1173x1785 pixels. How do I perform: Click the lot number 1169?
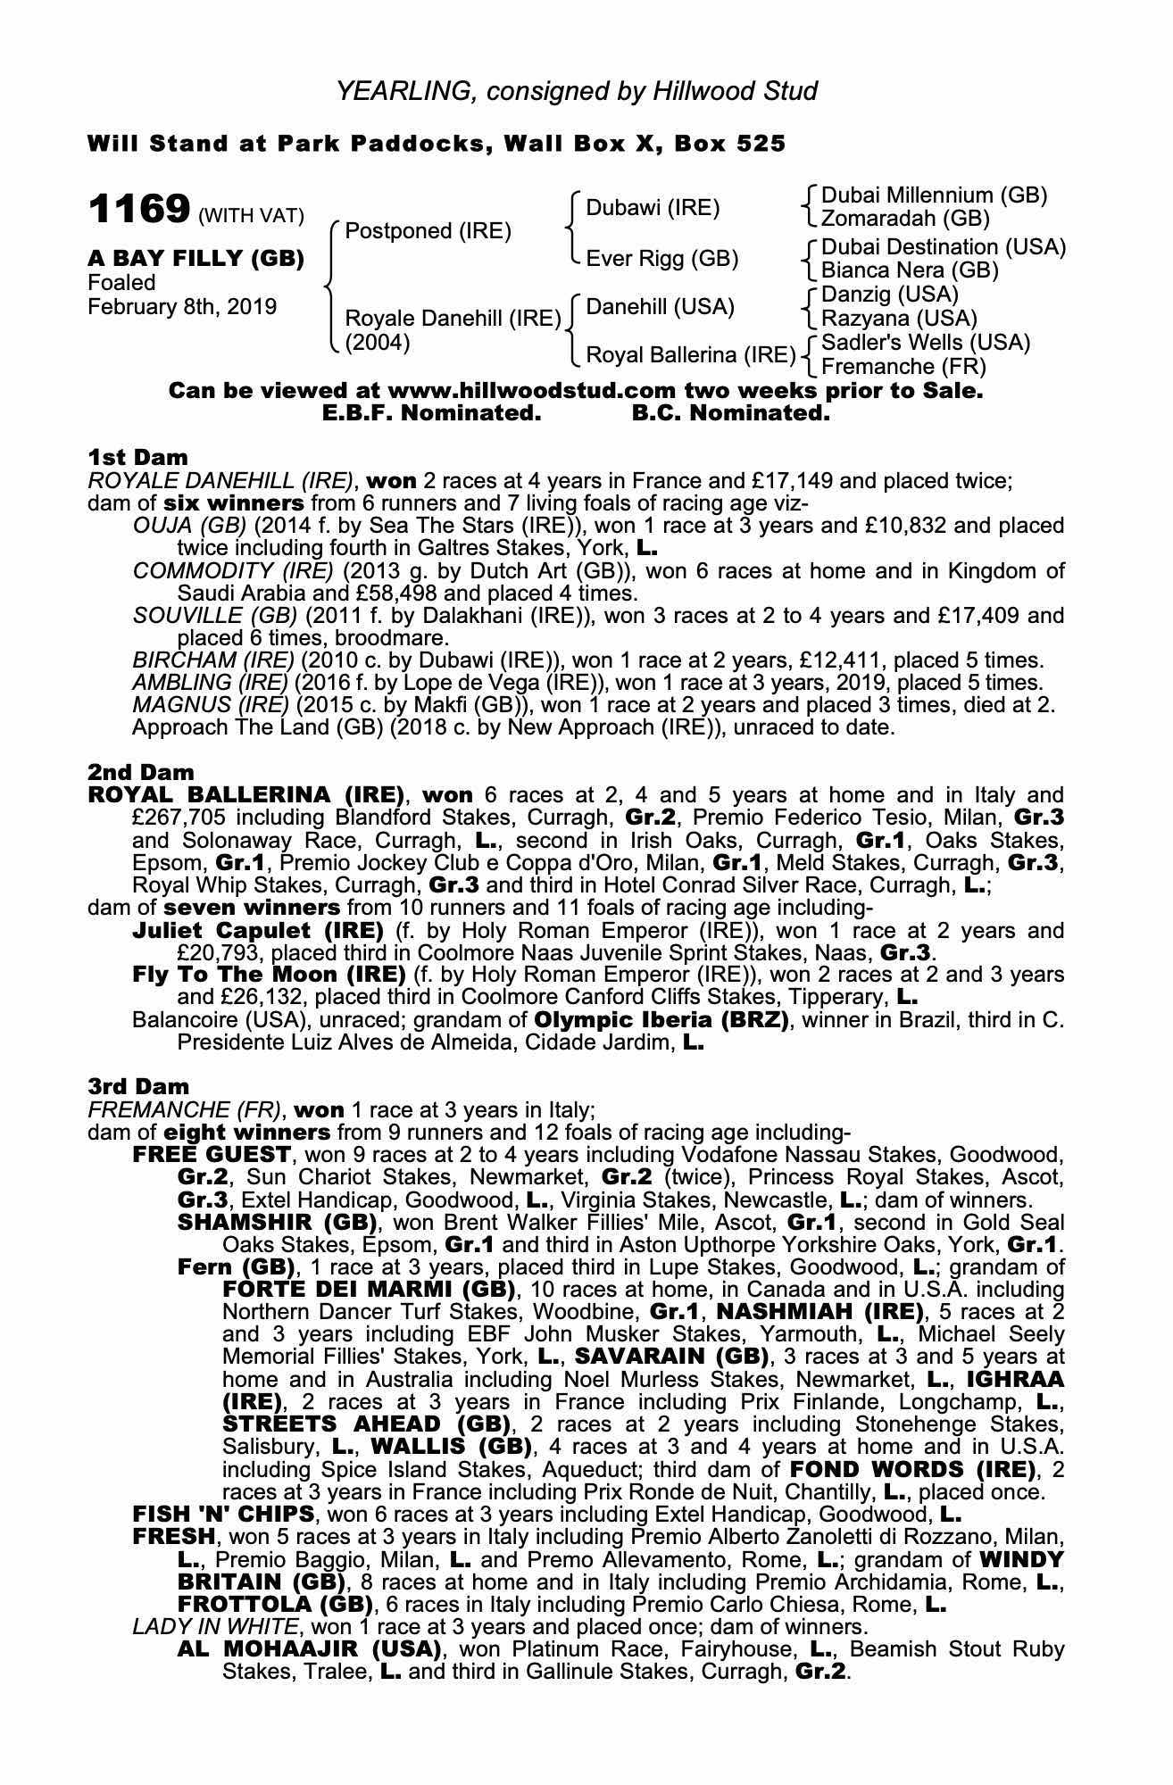point(138,210)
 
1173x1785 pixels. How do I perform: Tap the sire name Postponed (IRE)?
point(428,231)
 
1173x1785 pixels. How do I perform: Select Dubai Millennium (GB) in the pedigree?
point(934,195)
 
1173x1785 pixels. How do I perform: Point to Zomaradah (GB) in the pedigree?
point(905,219)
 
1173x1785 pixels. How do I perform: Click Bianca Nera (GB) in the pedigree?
point(910,270)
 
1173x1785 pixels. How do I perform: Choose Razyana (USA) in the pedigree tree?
point(899,319)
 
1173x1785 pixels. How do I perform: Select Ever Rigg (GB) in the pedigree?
point(661,259)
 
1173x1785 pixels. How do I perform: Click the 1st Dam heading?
point(137,458)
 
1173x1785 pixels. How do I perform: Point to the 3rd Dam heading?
point(138,1086)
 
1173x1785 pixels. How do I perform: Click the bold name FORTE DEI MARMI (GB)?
point(369,1290)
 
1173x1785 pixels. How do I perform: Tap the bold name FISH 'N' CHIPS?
point(222,1514)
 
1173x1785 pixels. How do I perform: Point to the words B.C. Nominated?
point(730,414)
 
